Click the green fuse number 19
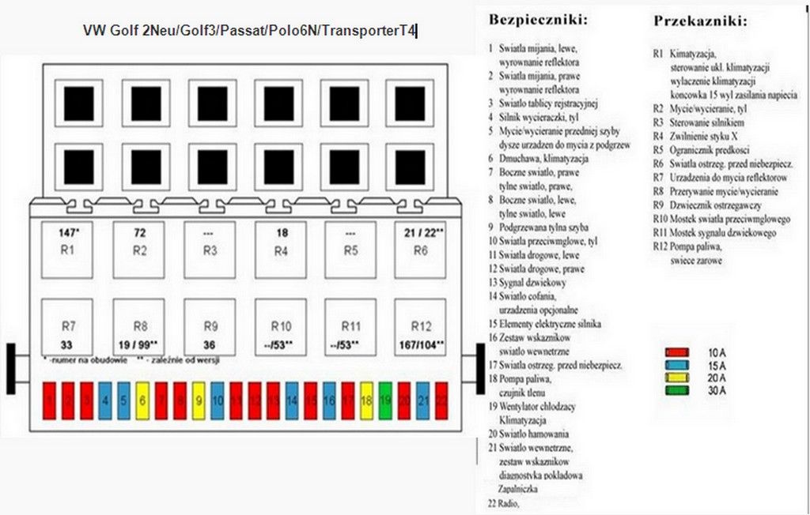[385, 401]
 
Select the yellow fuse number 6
[142, 401]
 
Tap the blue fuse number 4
[104, 401]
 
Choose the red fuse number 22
[441, 401]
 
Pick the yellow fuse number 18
[366, 401]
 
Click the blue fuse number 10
[217, 401]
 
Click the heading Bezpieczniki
[538, 17]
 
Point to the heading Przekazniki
[700, 21]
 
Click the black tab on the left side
[10, 368]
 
